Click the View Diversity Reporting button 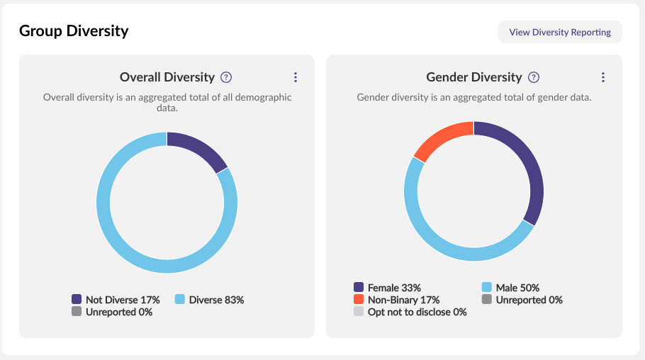coord(560,32)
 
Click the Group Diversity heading coord(74,31)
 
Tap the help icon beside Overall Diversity coord(226,77)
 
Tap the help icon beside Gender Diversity coord(534,77)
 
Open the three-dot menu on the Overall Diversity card coord(296,77)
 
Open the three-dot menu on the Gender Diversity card coord(603,77)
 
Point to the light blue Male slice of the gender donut coord(439,241)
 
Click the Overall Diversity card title coord(167,77)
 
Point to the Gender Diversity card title coord(473,77)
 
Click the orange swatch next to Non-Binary coord(359,300)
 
